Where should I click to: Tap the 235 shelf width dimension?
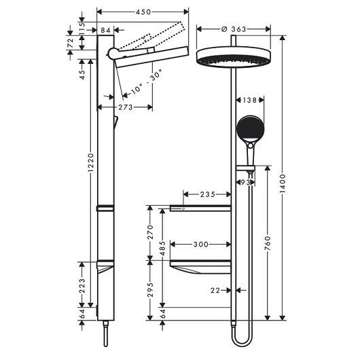[x=200, y=194]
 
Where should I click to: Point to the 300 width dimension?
[x=200, y=242]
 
